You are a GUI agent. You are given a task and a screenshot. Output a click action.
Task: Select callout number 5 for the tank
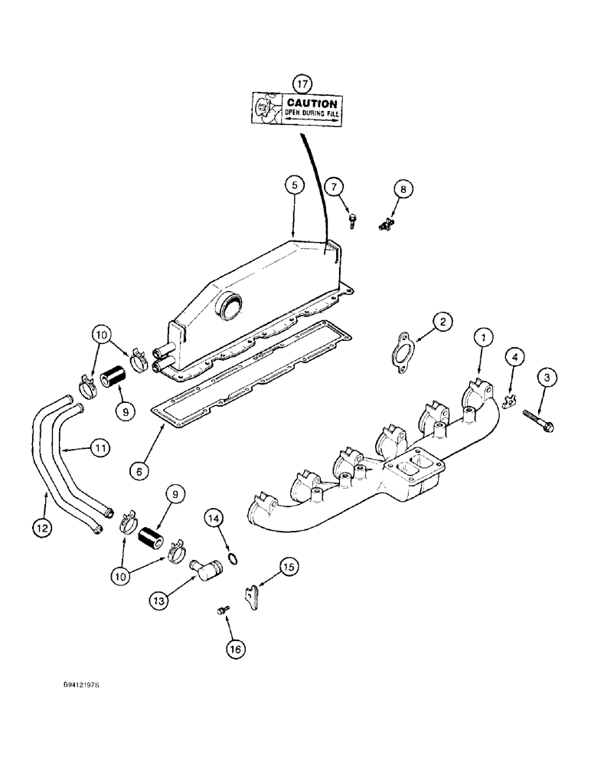click(292, 184)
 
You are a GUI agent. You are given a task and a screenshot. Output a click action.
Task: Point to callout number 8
click(403, 188)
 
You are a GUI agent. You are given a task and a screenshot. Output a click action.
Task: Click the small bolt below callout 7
click(351, 219)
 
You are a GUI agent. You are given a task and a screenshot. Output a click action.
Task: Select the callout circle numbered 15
click(288, 567)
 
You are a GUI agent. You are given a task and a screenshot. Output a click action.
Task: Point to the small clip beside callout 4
click(510, 400)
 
